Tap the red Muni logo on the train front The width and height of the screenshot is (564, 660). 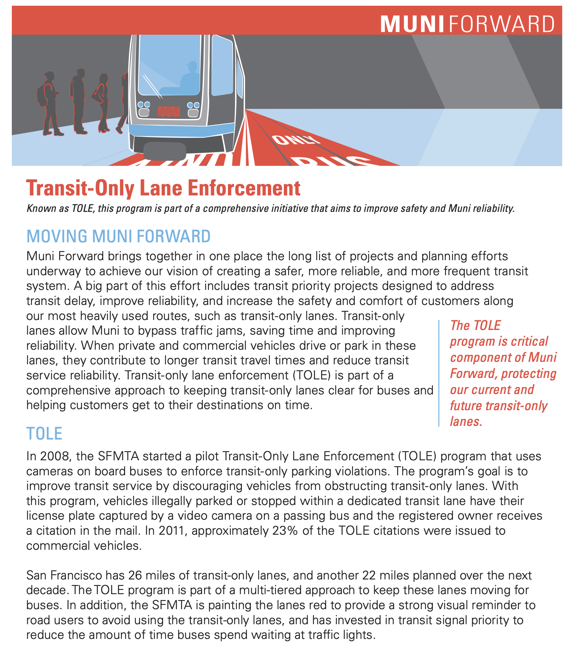click(x=168, y=111)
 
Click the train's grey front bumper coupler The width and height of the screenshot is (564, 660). click(x=164, y=151)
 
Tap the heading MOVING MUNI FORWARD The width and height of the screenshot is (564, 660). click(x=118, y=236)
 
